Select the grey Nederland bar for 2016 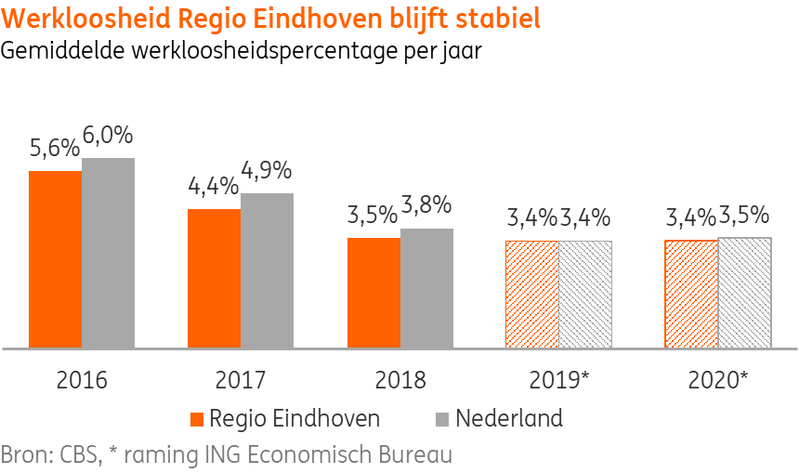[x=108, y=253]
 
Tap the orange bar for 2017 [x=214, y=279]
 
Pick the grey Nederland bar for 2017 [x=267, y=270]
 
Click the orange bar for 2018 [x=373, y=293]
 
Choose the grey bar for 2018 [x=426, y=288]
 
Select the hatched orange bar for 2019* [x=532, y=295]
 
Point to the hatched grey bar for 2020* [x=745, y=293]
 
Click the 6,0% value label [x=108, y=136]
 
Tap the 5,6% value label [x=55, y=149]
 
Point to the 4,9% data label [x=267, y=171]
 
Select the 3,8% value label [x=426, y=205]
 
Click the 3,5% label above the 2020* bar [x=745, y=216]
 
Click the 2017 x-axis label [x=241, y=380]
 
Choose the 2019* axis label [x=559, y=380]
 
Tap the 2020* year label [x=718, y=380]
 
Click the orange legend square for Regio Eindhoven [x=196, y=419]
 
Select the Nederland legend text [x=508, y=418]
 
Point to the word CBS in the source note [x=79, y=456]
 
